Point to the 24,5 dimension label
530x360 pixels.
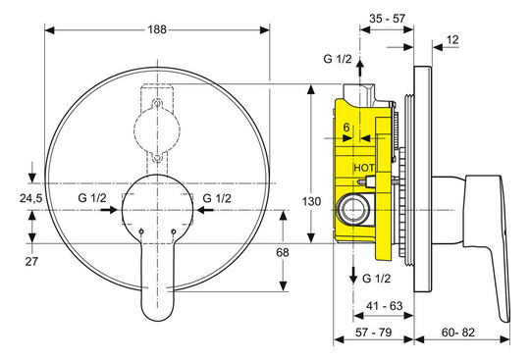click(x=32, y=199)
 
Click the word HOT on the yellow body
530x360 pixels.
click(x=364, y=169)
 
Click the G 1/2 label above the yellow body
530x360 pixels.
click(x=337, y=60)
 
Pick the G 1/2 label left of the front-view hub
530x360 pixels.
click(x=92, y=198)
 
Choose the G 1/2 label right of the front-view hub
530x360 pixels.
click(x=217, y=198)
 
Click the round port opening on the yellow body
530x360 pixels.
click(x=350, y=208)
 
